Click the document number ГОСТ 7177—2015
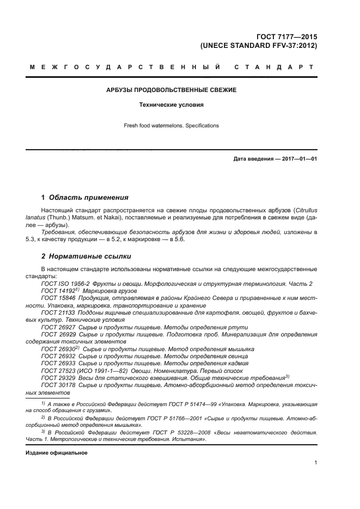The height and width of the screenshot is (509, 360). pyautogui.click(x=288, y=37)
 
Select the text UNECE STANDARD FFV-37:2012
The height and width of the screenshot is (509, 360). pyautogui.click(x=263, y=46)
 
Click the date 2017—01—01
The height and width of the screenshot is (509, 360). pyautogui.click(x=297, y=159)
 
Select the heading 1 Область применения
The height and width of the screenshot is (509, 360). pyautogui.click(x=85, y=197)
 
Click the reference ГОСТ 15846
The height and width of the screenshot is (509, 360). pyautogui.click(x=57, y=298)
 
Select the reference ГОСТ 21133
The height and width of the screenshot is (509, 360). pyautogui.click(x=57, y=313)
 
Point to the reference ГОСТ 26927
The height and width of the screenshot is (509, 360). pyautogui.click(x=57, y=327)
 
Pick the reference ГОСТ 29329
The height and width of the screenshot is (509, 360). pyautogui.click(x=57, y=377)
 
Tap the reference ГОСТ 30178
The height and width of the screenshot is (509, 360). pyautogui.click(x=57, y=385)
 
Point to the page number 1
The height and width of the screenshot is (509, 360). pyautogui.click(x=315, y=463)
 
